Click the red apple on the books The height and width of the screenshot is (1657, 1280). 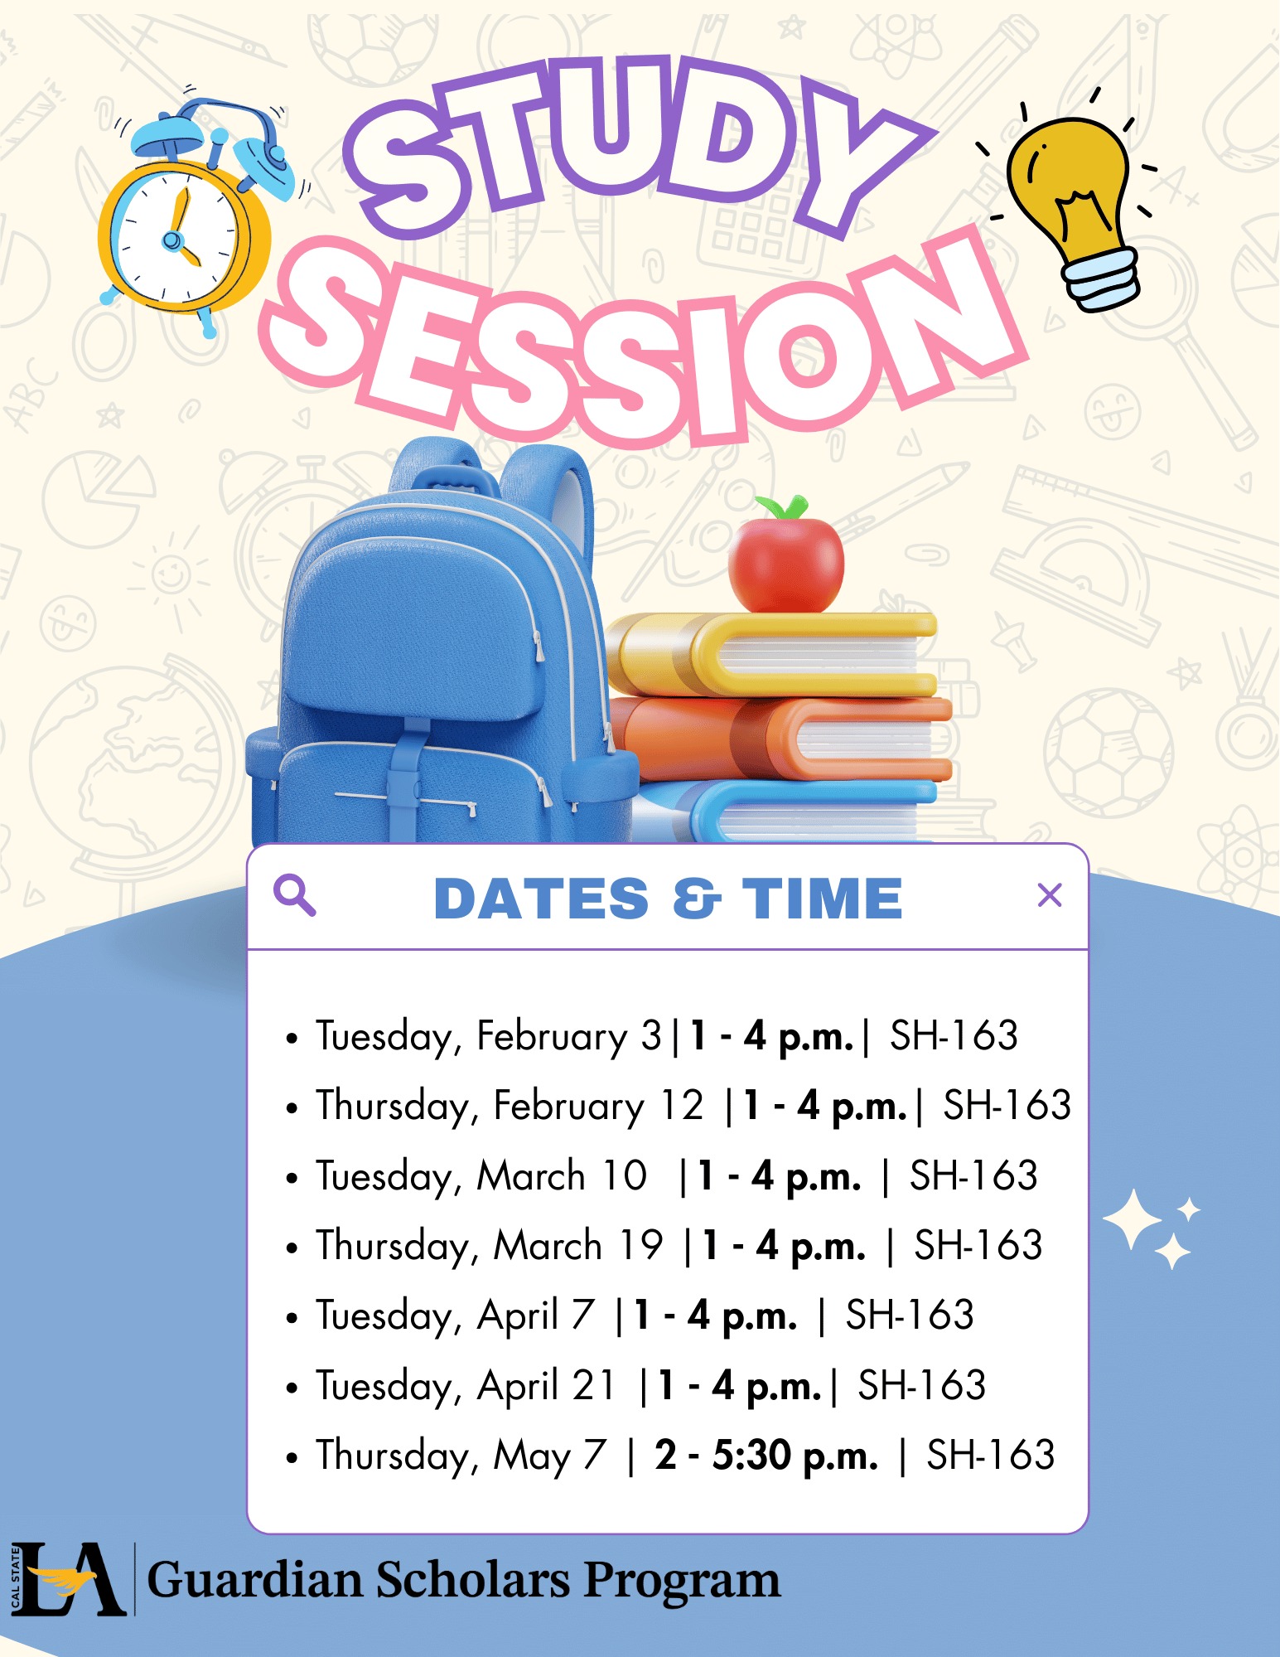pyautogui.click(x=785, y=564)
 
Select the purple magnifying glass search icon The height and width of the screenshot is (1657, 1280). pyautogui.click(x=294, y=896)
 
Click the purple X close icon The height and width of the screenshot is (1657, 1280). pyautogui.click(x=1049, y=895)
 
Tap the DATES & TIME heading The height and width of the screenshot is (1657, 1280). pyautogui.click(x=668, y=899)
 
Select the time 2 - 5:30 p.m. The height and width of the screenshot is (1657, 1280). pyautogui.click(x=766, y=1456)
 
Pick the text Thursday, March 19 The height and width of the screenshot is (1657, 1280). pyautogui.click(x=489, y=1246)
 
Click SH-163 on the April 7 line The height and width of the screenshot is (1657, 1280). pyautogui.click(x=909, y=1315)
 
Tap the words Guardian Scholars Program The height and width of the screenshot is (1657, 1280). pyautogui.click(x=463, y=1581)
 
